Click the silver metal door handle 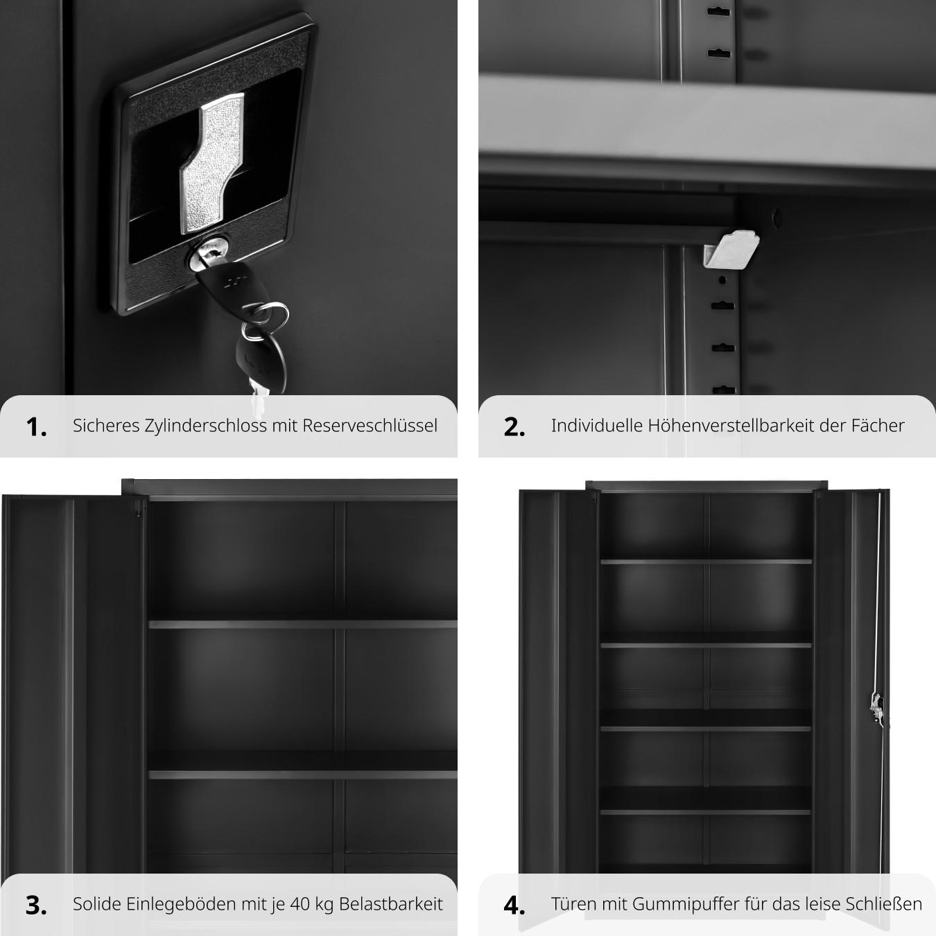[213, 163]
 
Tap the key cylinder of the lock [209, 252]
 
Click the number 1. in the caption [37, 427]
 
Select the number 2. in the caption [514, 427]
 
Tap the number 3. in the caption [37, 905]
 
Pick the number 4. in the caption [514, 905]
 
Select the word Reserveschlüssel [370, 426]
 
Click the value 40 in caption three [300, 904]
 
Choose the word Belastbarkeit [391, 904]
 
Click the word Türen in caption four [573, 904]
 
